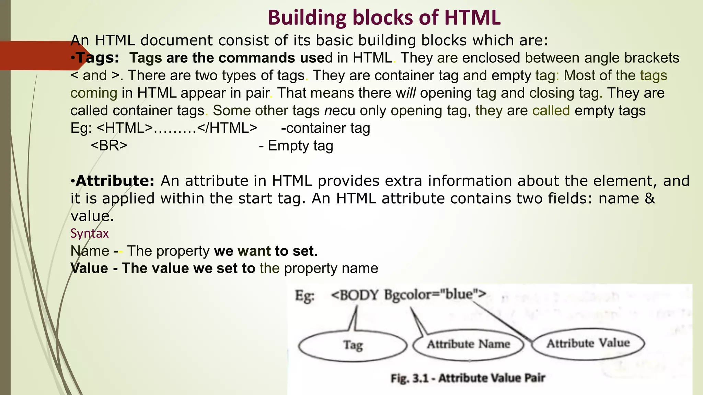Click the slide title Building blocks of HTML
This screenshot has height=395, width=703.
(x=384, y=17)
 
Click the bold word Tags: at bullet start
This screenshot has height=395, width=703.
(x=97, y=58)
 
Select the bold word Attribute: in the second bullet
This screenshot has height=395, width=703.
(x=115, y=181)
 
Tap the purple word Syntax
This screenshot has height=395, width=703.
(x=90, y=233)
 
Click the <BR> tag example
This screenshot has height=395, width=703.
(x=109, y=145)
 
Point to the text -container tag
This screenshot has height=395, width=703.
(x=325, y=128)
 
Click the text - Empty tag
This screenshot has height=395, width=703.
(x=296, y=145)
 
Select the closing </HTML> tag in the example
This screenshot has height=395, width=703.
(x=227, y=128)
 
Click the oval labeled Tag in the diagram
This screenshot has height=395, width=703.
(x=353, y=345)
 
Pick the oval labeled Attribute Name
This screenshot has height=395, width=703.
(x=469, y=344)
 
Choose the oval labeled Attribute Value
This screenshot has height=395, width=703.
(x=588, y=343)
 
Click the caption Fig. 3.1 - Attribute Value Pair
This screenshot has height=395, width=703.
(x=468, y=378)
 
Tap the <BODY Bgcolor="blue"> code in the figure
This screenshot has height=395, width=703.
(x=408, y=295)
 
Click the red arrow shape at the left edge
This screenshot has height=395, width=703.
(x=41, y=56)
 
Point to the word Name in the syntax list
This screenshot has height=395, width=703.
(x=90, y=251)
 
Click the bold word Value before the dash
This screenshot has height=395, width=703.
(x=89, y=268)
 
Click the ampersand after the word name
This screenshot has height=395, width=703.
(x=650, y=199)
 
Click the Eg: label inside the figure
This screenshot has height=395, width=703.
(x=304, y=296)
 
